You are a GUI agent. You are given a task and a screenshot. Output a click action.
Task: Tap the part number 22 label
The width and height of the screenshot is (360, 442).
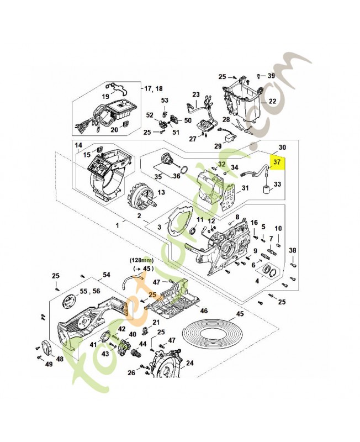pyautogui.click(x=272, y=102)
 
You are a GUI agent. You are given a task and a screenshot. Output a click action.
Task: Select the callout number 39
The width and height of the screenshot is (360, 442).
pyautogui.click(x=271, y=76)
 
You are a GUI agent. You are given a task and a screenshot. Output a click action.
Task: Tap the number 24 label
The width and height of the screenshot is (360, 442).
pyautogui.click(x=190, y=363)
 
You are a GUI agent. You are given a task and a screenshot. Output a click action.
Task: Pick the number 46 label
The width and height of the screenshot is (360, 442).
pyautogui.click(x=204, y=312)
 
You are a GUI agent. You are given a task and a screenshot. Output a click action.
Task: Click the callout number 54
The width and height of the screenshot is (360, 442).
pyautogui.click(x=107, y=275)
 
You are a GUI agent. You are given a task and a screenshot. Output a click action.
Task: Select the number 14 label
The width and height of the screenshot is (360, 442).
pyautogui.click(x=78, y=145)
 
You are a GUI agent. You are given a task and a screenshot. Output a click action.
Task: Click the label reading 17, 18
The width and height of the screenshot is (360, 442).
pyautogui.click(x=153, y=88)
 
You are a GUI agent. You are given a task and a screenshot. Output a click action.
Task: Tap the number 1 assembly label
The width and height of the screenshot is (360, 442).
pyautogui.click(x=117, y=225)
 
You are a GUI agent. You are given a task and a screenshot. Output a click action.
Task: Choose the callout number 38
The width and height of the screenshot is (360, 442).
pyautogui.click(x=293, y=250)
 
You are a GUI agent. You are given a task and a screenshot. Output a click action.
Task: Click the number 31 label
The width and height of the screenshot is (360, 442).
pyautogui.click(x=245, y=188)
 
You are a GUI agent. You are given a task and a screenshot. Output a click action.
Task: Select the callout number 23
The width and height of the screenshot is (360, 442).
pyautogui.click(x=195, y=94)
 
